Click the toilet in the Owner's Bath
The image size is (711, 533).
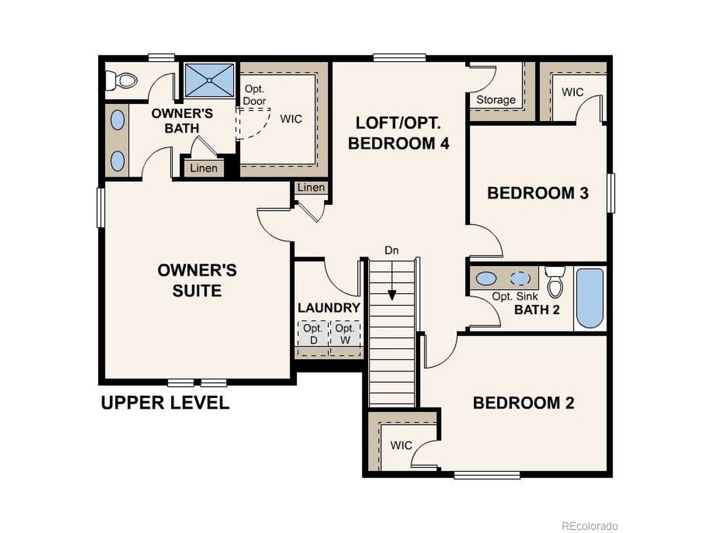(x=122, y=80)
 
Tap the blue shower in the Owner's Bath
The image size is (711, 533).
(x=209, y=81)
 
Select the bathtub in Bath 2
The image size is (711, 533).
(x=589, y=298)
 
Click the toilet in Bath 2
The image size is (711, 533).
(x=555, y=281)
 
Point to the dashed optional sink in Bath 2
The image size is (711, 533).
(x=520, y=278)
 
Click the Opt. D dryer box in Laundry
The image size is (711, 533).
(x=313, y=334)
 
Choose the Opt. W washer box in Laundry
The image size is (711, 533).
(x=344, y=334)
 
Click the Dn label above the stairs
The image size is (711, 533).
(x=392, y=250)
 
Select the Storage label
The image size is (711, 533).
(x=496, y=100)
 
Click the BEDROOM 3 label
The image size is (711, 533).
(x=538, y=193)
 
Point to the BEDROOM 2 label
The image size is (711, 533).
(x=524, y=403)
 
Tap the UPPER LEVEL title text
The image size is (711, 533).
(x=165, y=403)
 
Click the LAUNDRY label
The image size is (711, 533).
(x=329, y=308)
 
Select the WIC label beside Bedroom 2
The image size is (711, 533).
(x=402, y=445)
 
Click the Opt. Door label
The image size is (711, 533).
(x=254, y=95)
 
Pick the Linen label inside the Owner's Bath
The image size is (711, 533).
(x=204, y=168)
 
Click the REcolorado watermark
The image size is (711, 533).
(x=590, y=526)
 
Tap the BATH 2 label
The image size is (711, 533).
(x=537, y=310)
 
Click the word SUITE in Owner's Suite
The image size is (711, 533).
(x=197, y=290)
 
